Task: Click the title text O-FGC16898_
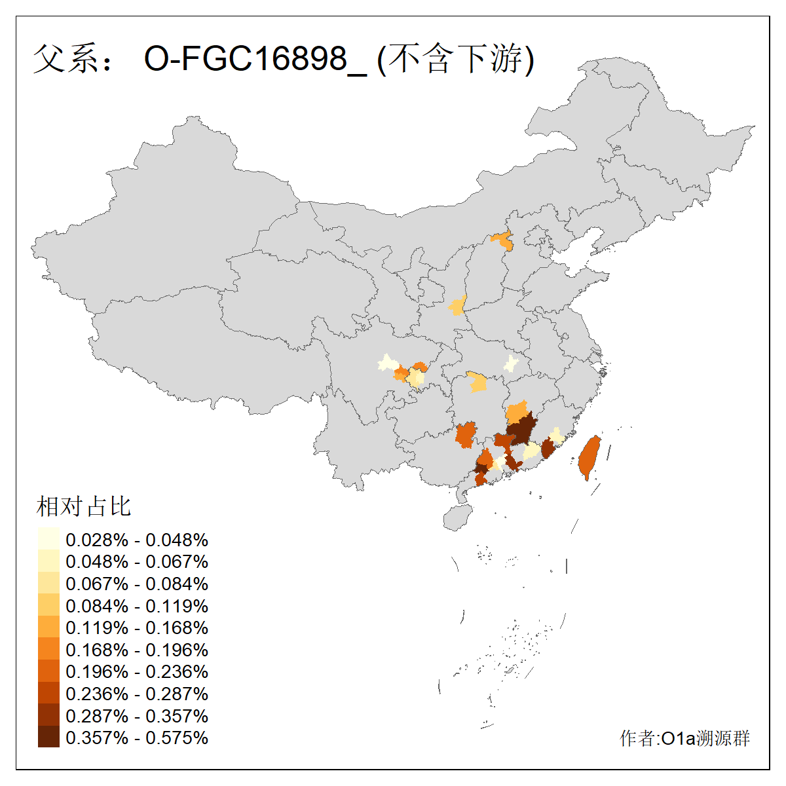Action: point(255,59)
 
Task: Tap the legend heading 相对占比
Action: point(84,506)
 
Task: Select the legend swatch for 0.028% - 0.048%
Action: point(48,539)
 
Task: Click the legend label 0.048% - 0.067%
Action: point(137,561)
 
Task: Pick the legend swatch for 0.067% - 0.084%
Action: point(48,583)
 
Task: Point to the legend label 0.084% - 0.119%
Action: point(137,606)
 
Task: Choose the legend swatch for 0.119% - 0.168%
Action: point(48,627)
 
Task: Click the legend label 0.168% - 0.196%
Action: point(137,650)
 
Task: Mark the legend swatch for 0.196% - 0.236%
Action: point(48,671)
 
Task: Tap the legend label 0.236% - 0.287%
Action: point(137,694)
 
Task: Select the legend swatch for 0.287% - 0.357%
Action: point(48,715)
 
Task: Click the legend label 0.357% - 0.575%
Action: point(137,738)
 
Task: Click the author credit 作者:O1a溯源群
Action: point(684,738)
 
